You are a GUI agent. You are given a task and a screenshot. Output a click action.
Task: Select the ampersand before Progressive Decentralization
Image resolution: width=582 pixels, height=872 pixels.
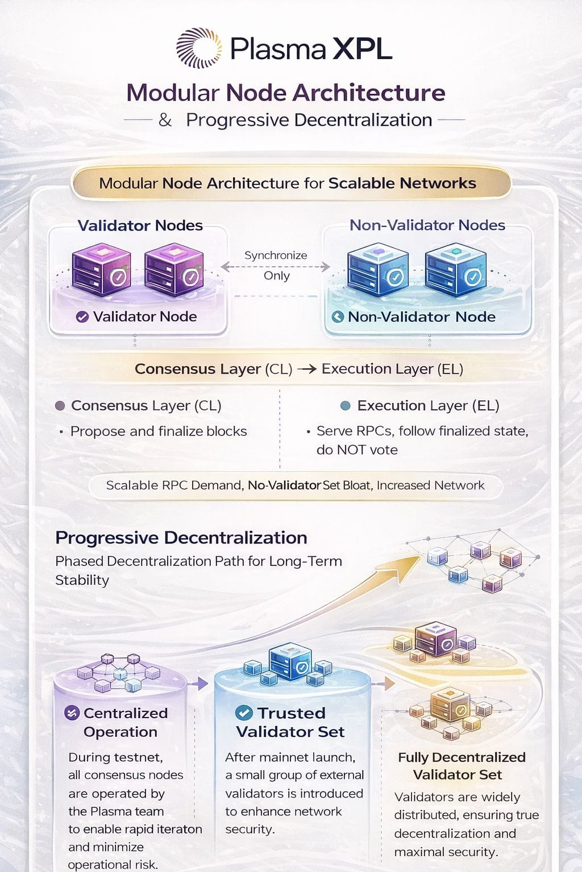point(165,120)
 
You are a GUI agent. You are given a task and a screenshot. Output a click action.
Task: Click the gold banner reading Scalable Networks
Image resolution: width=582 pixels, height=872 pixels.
point(290,183)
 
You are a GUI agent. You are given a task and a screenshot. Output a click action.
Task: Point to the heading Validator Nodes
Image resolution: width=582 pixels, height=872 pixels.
point(140,225)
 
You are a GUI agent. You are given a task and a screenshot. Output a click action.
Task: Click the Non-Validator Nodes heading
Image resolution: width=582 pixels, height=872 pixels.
point(427,225)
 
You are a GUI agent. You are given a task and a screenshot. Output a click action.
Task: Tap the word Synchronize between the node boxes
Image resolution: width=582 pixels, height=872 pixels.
point(276,255)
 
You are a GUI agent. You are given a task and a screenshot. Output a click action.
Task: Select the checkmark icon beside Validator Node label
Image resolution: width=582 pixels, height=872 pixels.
point(82,317)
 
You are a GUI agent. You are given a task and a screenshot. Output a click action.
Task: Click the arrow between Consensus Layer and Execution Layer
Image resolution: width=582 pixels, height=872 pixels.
point(306,369)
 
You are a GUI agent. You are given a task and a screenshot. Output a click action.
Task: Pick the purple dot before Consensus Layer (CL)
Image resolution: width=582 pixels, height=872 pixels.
point(60,406)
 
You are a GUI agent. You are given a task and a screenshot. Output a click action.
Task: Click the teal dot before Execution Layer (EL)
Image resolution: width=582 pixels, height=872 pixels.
point(344,406)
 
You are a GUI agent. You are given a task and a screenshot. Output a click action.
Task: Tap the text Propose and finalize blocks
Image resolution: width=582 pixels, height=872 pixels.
point(159,431)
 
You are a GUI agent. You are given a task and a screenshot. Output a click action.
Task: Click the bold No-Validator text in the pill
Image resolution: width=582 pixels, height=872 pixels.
point(284,485)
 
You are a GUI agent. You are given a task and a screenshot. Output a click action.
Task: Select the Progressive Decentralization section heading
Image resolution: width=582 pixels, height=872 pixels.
point(181,538)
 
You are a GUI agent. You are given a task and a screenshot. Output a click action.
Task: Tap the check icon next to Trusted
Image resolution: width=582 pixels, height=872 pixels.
point(244,713)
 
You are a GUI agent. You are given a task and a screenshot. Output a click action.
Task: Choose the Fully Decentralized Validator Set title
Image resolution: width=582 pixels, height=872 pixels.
point(461,766)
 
